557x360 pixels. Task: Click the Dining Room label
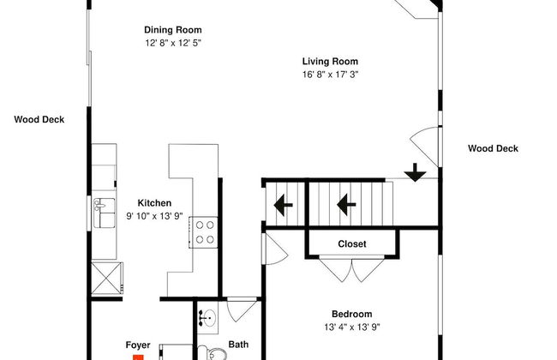coord(172,30)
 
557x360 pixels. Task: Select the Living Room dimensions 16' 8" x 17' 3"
coord(331,75)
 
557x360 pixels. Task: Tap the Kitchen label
coord(154,203)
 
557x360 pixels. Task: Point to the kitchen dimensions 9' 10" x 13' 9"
coord(154,216)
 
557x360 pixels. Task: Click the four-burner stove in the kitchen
coord(203,232)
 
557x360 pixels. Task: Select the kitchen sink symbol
coord(105,213)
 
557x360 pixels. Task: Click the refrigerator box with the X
coord(106,279)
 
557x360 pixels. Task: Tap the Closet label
coord(352,244)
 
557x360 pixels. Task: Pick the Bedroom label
coord(352,315)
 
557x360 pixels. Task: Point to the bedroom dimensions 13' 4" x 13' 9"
coord(352,327)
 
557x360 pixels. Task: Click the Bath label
coord(238,345)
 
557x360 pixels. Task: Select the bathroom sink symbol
coord(208,318)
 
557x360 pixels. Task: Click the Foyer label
coord(138,345)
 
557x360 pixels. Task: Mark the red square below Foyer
coord(138,357)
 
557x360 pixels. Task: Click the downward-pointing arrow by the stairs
coord(415,172)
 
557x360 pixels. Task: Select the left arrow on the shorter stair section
coord(284,205)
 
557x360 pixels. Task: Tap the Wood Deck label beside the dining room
coord(39,119)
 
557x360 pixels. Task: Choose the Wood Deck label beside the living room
coord(493,148)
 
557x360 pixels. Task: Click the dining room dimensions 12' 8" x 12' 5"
coord(173,43)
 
